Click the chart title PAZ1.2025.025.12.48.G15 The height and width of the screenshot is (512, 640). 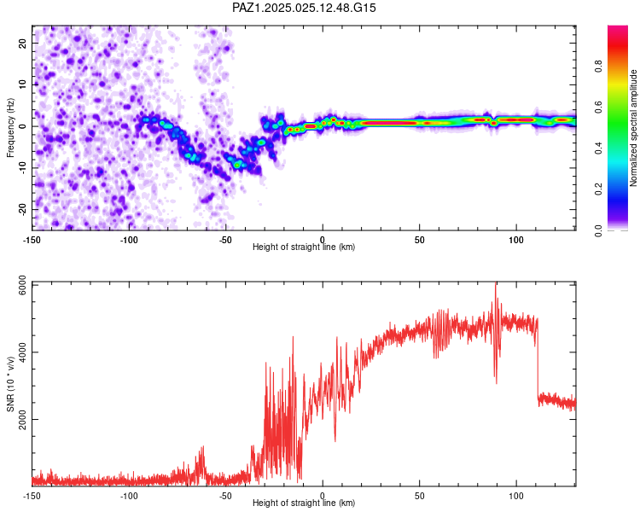[304, 8]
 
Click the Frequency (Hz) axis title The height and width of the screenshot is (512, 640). [10, 128]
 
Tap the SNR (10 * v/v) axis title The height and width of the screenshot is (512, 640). [10, 384]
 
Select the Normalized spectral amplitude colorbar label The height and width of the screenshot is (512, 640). [633, 128]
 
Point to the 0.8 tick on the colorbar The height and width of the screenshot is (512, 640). [599, 66]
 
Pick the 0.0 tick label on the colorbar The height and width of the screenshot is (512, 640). [599, 230]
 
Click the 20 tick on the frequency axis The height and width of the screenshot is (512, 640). [23, 43]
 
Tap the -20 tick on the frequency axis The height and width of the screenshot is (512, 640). [23, 209]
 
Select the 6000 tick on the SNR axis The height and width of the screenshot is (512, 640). [23, 285]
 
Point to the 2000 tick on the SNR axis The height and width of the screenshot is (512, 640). [23, 419]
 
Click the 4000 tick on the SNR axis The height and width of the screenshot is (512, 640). [23, 352]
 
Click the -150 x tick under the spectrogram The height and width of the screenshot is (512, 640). [32, 240]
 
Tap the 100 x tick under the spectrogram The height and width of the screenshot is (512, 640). [516, 240]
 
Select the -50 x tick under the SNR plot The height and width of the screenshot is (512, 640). [226, 496]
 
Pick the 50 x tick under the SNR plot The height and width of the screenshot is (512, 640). [420, 496]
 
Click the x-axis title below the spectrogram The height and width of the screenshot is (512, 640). [304, 247]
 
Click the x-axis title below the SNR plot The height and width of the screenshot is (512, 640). [304, 503]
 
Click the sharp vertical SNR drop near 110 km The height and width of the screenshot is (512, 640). [538, 359]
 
